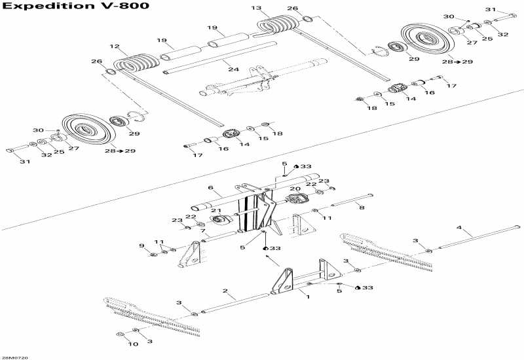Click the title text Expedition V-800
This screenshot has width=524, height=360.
pyautogui.click(x=75, y=7)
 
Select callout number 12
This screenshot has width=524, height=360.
pyautogui.click(x=115, y=46)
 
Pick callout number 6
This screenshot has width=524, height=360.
pyautogui.click(x=211, y=188)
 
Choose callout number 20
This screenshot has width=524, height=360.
pyautogui.click(x=295, y=189)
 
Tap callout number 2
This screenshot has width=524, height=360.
pyautogui.click(x=225, y=291)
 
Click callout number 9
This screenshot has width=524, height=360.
pyautogui.click(x=141, y=245)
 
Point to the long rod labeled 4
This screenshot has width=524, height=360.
pyautogui.click(x=478, y=236)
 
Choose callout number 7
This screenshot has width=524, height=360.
pyautogui.click(x=203, y=231)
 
